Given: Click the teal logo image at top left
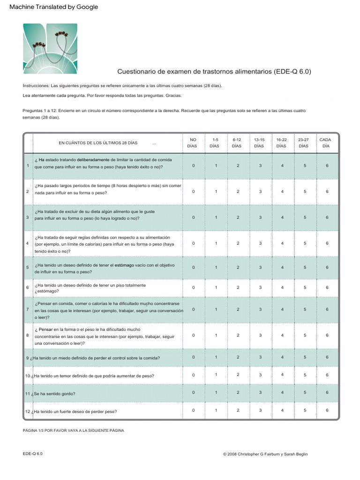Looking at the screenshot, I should click(50, 49).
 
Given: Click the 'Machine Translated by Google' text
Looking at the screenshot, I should click(53, 7).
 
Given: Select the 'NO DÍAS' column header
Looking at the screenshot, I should click(193, 143).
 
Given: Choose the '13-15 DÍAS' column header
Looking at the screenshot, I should click(259, 143).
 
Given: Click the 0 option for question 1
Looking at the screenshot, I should click(193, 166).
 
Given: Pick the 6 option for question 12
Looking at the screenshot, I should click(327, 411).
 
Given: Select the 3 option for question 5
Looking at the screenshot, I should click(260, 268).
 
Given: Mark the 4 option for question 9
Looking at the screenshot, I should click(282, 357).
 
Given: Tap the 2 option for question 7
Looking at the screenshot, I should click(238, 309).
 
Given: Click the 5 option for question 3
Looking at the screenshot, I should click(305, 217).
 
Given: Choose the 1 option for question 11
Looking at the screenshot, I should click(216, 393).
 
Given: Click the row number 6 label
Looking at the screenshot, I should click(28, 287).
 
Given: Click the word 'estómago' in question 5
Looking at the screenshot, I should click(124, 265).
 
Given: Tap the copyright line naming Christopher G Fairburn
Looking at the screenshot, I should click(265, 454).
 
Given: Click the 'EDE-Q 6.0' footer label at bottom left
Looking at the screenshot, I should click(32, 454).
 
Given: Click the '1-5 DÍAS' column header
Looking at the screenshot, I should click(215, 143).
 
